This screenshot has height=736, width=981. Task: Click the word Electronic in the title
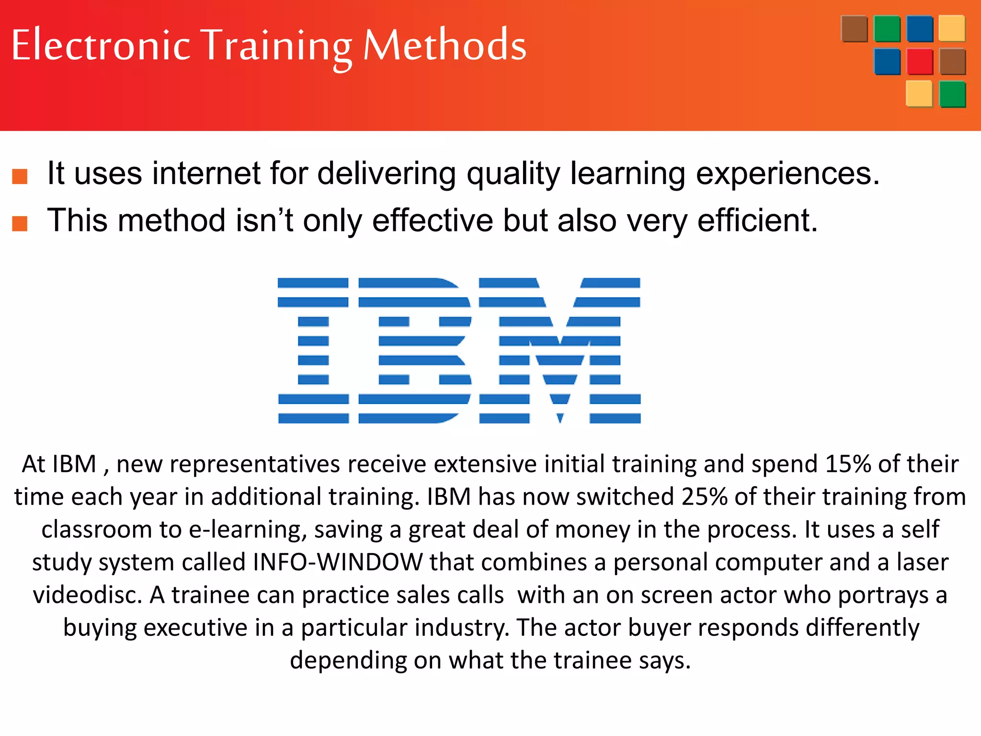(x=101, y=45)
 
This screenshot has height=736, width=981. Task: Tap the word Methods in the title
(x=445, y=45)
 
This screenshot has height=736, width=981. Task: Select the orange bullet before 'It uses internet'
(x=20, y=176)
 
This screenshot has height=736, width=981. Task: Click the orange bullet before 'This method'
(x=20, y=223)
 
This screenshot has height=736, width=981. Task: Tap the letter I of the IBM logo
(x=313, y=350)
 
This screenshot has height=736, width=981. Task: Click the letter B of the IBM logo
(x=415, y=350)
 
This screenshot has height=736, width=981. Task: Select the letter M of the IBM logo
(x=559, y=350)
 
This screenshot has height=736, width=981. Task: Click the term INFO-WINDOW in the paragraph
(x=338, y=562)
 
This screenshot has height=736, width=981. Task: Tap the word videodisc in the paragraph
(x=87, y=595)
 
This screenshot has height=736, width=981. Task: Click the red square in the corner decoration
(x=920, y=61)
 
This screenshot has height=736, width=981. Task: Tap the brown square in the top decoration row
(x=854, y=29)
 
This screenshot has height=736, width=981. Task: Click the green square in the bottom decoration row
(x=952, y=94)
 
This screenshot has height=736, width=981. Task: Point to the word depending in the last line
(x=348, y=660)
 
